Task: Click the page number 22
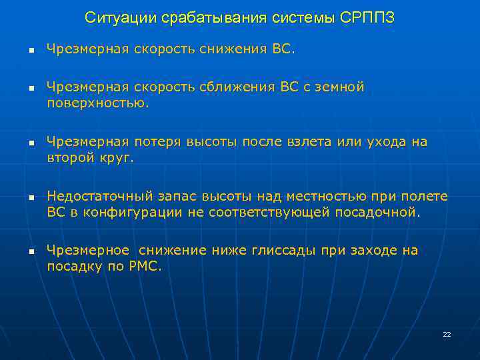pos(447,334)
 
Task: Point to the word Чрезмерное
pos(88,251)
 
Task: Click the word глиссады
pos(283,251)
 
